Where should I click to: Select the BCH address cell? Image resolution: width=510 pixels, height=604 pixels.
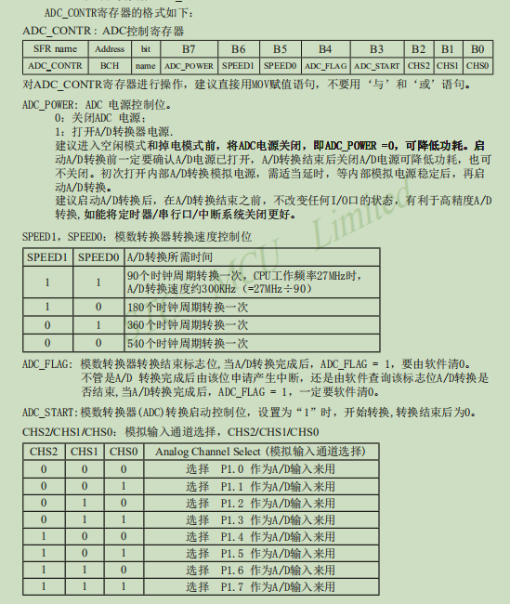pos(110,66)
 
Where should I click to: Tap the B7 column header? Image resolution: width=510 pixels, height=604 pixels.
pos(189,49)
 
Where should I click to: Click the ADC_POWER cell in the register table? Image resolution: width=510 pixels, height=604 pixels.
pos(189,66)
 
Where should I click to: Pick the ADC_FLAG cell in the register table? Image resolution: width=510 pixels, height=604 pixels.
pos(325,66)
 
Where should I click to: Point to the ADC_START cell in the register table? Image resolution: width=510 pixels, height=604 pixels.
pos(376,66)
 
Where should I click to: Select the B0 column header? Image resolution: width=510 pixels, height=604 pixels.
pos(477,49)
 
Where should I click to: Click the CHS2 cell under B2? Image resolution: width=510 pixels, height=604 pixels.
pos(419,66)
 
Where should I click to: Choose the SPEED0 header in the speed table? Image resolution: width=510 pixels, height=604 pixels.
pos(97,257)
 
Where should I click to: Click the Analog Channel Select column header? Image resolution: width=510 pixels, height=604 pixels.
pos(259,452)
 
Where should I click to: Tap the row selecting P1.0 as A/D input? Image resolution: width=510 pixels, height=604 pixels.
pos(259,468)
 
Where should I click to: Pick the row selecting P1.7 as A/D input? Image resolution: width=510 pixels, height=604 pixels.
pos(259,587)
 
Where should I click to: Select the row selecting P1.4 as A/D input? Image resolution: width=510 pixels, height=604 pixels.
pos(259,536)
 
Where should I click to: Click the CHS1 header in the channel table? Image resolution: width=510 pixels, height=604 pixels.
pos(84,452)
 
